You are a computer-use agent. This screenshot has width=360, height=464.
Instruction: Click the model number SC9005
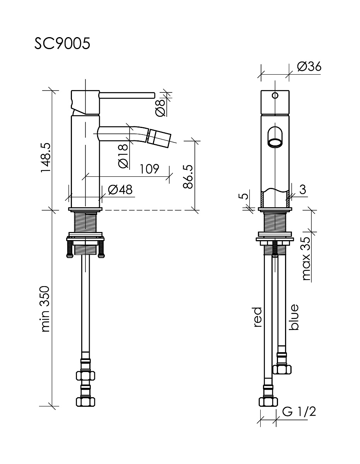62,44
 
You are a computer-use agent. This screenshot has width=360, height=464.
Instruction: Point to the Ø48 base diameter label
120,189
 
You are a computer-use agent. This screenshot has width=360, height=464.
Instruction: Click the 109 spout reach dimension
149,169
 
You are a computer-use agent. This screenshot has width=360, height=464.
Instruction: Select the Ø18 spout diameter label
123,156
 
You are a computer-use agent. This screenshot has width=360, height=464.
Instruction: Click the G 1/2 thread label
299,412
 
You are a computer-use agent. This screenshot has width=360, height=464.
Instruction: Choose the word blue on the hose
294,317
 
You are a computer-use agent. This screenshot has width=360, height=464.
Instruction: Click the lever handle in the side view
127,95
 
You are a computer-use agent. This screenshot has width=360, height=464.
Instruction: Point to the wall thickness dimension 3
303,189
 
